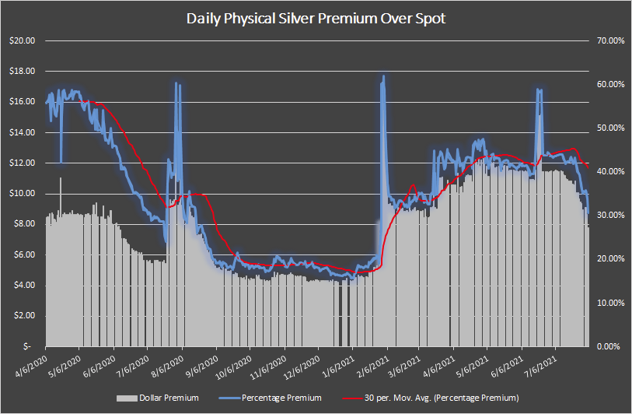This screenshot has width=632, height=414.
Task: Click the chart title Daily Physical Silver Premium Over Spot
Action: pos(316,18)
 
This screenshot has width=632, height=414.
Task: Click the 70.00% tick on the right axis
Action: pos(609,40)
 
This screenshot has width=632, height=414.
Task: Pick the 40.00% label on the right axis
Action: pos(609,171)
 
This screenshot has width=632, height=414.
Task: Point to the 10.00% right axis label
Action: pos(609,303)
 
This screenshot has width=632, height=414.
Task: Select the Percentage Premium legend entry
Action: pos(276,398)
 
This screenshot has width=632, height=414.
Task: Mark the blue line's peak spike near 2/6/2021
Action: pos(383,76)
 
